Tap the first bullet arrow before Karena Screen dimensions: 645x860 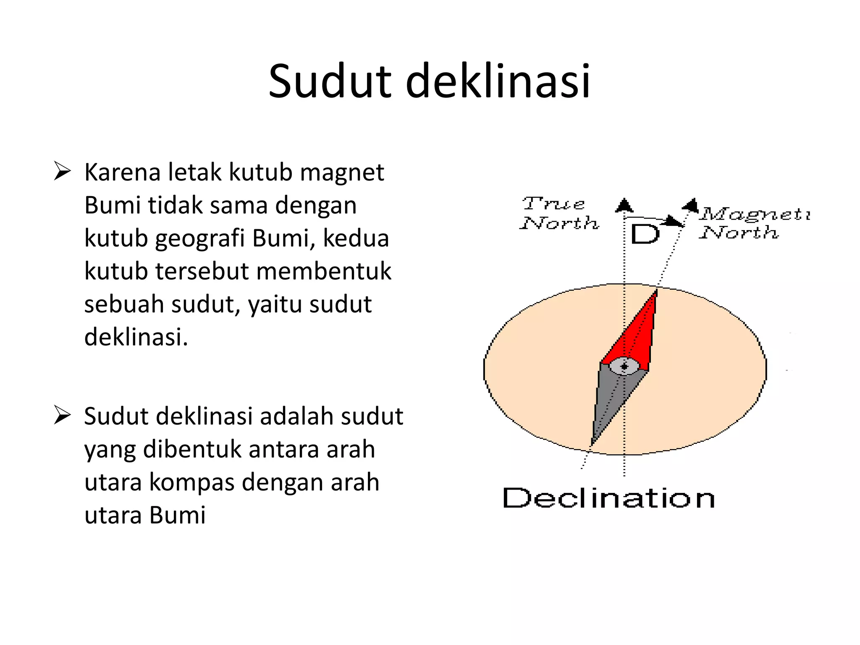pyautogui.click(x=62, y=172)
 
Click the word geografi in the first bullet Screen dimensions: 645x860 pyautogui.click(x=200, y=239)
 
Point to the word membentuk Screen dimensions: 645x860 pyautogui.click(x=324, y=271)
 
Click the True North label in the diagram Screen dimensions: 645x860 pyautogui.click(x=558, y=214)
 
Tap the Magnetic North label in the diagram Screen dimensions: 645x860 pyautogui.click(x=752, y=223)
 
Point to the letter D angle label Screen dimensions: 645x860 pyautogui.click(x=645, y=234)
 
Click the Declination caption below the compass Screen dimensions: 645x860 pyautogui.click(x=608, y=498)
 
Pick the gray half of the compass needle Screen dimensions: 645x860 pyautogui.click(x=609, y=403)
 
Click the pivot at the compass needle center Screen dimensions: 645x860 pyautogui.click(x=624, y=367)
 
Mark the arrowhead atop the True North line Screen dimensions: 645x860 pyautogui.click(x=624, y=205)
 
